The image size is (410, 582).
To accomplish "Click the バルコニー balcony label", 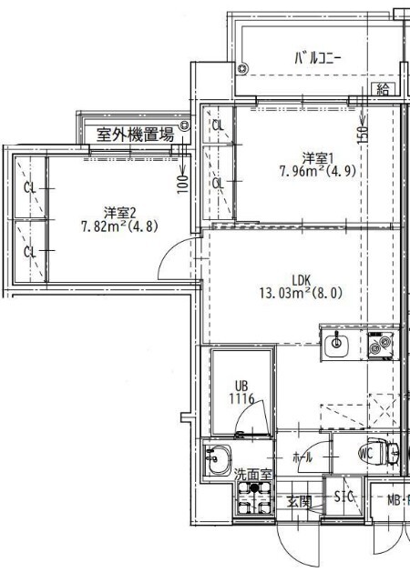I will [318, 57].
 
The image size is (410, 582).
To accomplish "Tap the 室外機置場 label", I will [136, 134].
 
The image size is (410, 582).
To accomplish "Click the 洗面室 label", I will [252, 474].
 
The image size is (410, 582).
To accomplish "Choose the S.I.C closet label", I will [344, 497].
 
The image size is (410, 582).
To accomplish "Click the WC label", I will [366, 451].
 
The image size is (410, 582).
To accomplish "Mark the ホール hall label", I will [302, 457].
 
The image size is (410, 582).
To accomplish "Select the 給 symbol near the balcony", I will [382, 88].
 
